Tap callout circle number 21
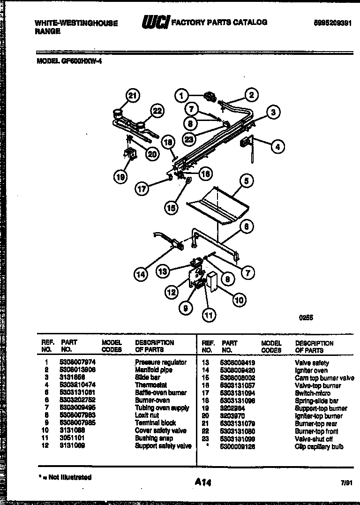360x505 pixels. (133, 96)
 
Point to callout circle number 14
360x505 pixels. (141, 275)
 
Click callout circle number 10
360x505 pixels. (239, 299)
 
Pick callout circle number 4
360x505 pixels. (277, 147)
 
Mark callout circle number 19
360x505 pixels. (120, 176)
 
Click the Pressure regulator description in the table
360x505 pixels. (160, 362)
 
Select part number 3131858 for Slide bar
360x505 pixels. (71, 377)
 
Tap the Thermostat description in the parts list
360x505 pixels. (151, 385)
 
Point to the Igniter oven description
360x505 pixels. (311, 370)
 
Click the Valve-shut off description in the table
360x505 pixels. (314, 439)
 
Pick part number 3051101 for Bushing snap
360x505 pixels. (71, 438)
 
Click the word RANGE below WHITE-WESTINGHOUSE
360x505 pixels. (47, 31)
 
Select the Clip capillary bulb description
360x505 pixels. (319, 446)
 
